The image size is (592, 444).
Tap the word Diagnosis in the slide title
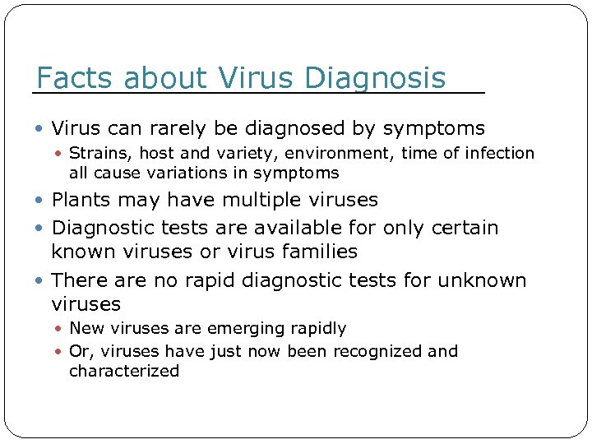coord(375,79)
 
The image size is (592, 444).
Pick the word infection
coord(499,154)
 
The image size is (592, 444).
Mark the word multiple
coord(262,201)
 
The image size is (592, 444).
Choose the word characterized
coord(124,372)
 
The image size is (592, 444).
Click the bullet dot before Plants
coord(42,201)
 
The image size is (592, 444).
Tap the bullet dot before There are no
coord(42,280)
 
